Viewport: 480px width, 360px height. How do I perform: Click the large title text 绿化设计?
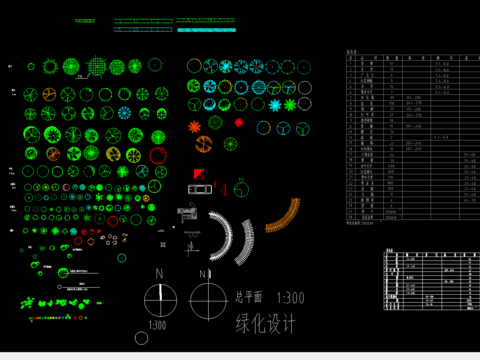[x=267, y=323]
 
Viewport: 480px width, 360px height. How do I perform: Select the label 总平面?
[x=249, y=297]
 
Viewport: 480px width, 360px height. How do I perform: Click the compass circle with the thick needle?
[x=159, y=299]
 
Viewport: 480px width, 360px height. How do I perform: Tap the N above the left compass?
[x=157, y=274]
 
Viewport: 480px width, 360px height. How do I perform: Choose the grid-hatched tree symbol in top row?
[x=95, y=66]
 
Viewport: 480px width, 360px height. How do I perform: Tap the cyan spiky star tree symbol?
[x=290, y=104]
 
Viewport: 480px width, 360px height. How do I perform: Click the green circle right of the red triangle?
[x=241, y=189]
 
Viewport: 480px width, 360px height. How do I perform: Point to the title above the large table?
[x=351, y=50]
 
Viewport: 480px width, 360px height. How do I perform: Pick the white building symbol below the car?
[x=186, y=213]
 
